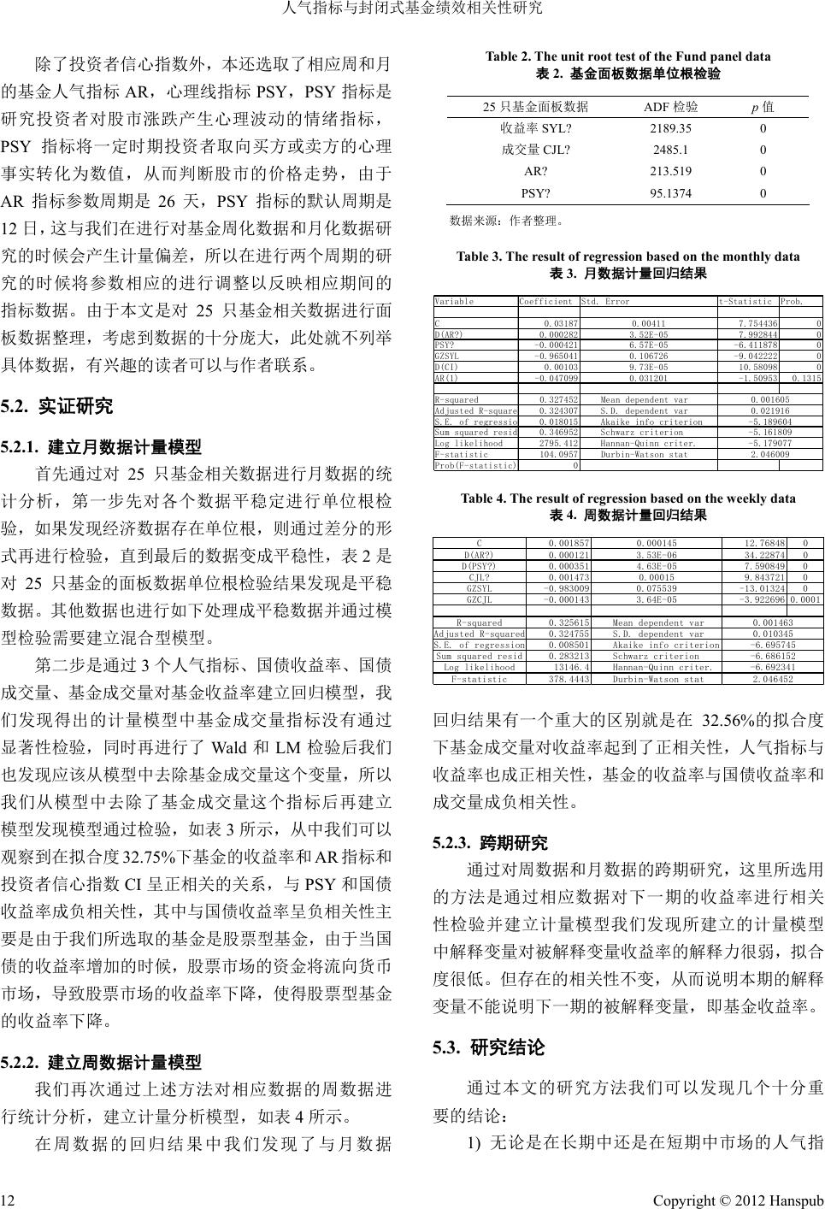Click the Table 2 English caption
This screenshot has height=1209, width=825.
click(x=628, y=57)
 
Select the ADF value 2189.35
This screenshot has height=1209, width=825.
click(x=670, y=128)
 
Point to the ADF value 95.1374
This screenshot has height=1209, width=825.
click(x=670, y=193)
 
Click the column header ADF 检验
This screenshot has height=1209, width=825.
click(x=670, y=107)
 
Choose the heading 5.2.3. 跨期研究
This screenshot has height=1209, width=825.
click(x=490, y=843)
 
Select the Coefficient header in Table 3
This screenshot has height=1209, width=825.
click(x=546, y=302)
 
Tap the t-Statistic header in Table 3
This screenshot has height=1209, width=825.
click(x=746, y=302)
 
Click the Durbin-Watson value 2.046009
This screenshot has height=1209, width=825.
click(x=770, y=455)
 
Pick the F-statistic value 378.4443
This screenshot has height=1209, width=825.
click(x=569, y=679)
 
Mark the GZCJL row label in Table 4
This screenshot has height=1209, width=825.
click(x=479, y=600)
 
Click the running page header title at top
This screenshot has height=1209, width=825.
click(x=412, y=9)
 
